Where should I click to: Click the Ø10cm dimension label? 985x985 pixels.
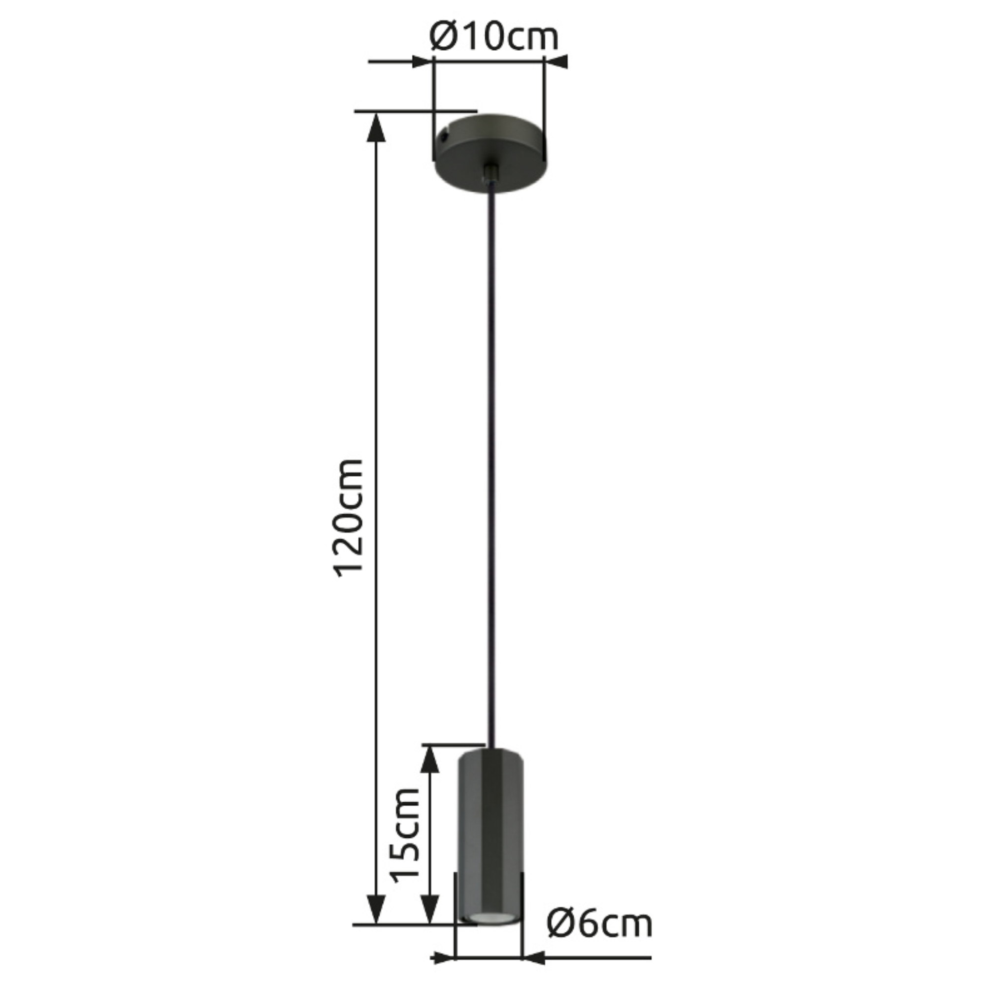pos(494,37)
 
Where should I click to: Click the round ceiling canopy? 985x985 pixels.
pos(490,154)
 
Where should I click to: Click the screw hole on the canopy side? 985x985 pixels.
pos(445,136)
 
